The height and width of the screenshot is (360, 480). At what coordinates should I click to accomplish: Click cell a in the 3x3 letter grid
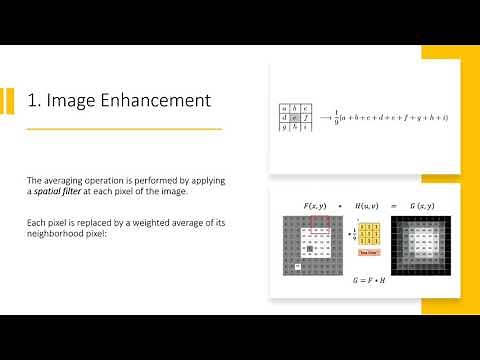tap(284, 108)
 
